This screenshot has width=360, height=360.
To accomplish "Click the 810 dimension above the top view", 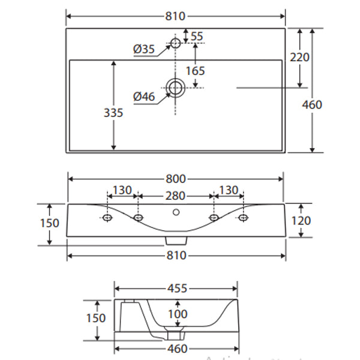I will pos(175,16).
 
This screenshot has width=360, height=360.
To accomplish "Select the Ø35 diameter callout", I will pos(145,49).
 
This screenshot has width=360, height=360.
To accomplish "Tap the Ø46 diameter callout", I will pos(145,96).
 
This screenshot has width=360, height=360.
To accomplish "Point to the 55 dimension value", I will pos(197,37).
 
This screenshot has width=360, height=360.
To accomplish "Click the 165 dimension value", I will pos(195,70).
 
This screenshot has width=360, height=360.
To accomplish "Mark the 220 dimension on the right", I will pos(299,58).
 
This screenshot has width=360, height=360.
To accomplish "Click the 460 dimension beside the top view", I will pos(312,104).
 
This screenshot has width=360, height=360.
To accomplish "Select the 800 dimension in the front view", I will pos(175,178).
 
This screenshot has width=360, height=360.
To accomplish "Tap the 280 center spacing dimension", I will pos(175,196).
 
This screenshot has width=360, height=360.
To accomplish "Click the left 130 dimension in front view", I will pos(122,190).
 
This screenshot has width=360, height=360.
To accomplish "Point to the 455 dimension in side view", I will pos(176,288).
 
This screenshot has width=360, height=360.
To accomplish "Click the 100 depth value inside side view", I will pos(177,314).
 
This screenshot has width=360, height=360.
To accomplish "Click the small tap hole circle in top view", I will pos(176,43).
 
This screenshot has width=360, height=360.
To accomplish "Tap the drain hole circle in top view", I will pos(176,88).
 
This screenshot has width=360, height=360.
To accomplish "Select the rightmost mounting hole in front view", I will pos(243,217).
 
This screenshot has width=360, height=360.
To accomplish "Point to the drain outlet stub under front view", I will pos(175,239).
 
